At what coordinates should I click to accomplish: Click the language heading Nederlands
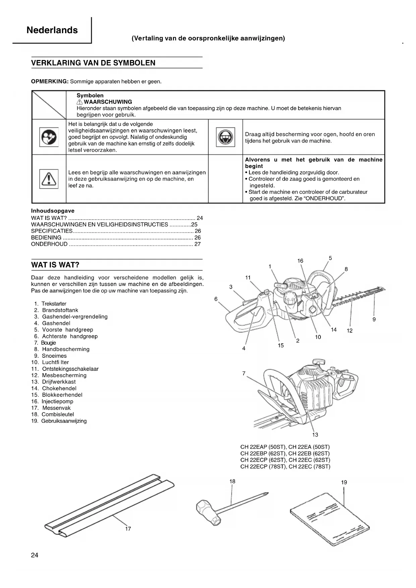tap(52, 30)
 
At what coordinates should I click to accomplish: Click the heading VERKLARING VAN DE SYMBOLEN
tap(93, 63)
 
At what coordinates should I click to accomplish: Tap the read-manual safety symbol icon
tap(49, 137)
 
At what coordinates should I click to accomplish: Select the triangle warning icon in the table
tap(49, 179)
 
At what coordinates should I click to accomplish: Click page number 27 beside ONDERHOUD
tap(197, 244)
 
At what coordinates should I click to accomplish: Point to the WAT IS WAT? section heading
tap(55, 265)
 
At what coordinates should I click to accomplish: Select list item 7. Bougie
tap(45, 343)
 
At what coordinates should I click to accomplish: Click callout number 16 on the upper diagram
tap(300, 261)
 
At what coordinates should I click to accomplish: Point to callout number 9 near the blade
tap(374, 319)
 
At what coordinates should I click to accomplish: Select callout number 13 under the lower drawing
tap(315, 435)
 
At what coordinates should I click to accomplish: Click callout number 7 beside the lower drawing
tap(244, 373)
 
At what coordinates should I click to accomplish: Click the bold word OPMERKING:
tap(50, 81)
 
